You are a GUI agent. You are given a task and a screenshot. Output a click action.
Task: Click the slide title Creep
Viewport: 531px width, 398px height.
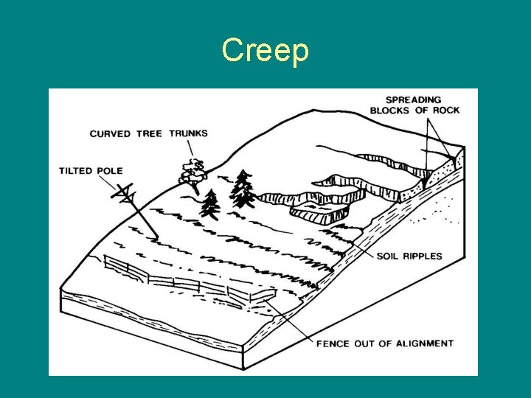[x=265, y=50]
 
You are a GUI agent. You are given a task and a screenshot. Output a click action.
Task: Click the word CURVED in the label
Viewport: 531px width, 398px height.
[x=110, y=134]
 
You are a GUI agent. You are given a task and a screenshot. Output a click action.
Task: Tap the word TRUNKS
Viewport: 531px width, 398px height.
[x=189, y=133]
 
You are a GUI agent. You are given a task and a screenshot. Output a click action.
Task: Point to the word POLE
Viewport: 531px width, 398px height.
[x=110, y=171]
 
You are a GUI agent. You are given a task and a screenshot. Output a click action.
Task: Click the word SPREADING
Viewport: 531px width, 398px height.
[x=414, y=100]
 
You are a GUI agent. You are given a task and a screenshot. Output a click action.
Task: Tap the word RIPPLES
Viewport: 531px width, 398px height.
[x=423, y=256]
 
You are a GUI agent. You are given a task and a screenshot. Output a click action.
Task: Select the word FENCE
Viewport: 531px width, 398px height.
[x=333, y=343]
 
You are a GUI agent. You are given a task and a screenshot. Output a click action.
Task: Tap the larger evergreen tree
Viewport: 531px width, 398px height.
[x=242, y=189]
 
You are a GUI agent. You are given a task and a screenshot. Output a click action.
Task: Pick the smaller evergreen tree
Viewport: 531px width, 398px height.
[x=211, y=204]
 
